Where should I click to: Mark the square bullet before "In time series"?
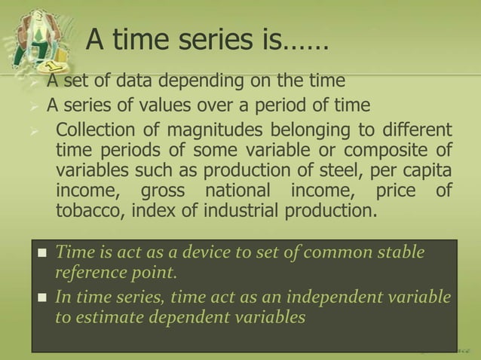pyautogui.click(x=42, y=297)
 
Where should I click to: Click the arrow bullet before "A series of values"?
pyautogui.click(x=34, y=105)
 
